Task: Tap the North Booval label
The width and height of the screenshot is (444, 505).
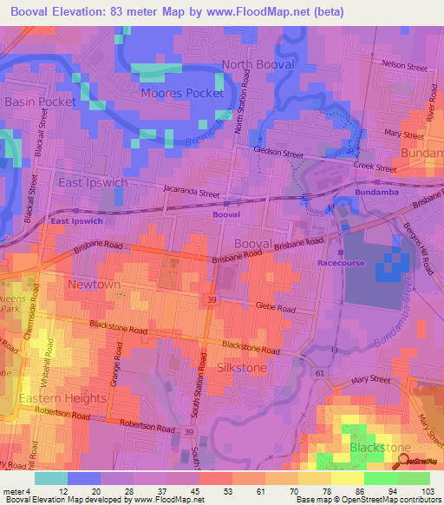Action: pos(258,65)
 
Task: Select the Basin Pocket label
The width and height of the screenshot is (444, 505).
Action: pos(41,102)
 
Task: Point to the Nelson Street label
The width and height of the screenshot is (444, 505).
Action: pos(406,65)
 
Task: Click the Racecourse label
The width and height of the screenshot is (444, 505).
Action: pos(341,263)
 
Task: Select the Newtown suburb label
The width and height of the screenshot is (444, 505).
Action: pos(95,285)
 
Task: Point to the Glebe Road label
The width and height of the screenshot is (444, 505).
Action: pos(277,306)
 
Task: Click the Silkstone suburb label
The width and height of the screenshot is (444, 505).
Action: pos(243,368)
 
